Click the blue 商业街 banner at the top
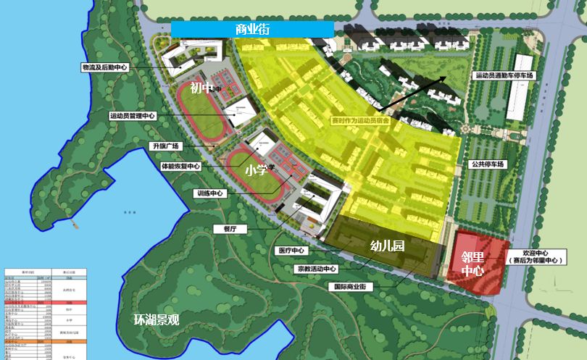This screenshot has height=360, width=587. point(252,29)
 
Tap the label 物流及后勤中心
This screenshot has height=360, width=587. point(105,67)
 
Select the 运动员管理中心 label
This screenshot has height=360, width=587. point(132,116)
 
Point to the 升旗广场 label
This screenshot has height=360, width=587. point(165,146)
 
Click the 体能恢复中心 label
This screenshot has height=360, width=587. point(181,166)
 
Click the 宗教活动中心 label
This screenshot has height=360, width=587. point(317,269)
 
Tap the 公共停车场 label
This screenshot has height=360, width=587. point(486,164)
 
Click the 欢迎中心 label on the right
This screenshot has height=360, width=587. point(536,251)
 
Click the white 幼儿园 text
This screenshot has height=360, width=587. point(387,246)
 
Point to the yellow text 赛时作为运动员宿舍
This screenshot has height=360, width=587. point(360,121)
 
